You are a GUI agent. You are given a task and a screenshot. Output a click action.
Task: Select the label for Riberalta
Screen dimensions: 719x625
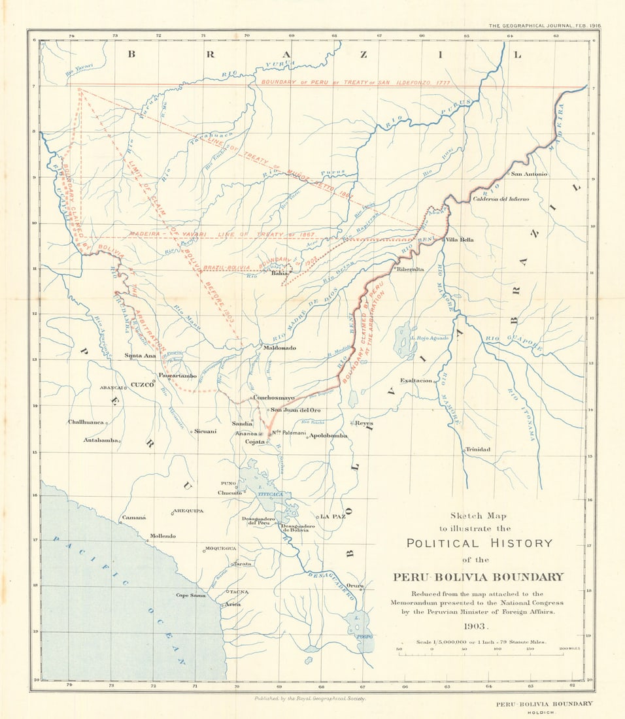(409, 269)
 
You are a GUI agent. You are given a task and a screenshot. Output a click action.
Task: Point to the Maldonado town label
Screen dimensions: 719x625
(280, 348)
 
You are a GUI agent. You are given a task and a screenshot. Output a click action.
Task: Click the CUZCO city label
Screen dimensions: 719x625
(141, 385)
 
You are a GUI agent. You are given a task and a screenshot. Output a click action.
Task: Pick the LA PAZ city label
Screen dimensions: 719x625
(333, 516)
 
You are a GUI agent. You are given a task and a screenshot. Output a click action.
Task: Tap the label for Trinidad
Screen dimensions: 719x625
(477, 450)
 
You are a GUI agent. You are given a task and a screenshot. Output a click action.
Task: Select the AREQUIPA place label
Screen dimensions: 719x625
(188, 510)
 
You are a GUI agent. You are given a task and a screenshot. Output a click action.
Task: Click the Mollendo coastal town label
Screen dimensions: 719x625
(163, 536)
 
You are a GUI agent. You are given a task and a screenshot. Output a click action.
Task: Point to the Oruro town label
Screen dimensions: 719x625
(355, 586)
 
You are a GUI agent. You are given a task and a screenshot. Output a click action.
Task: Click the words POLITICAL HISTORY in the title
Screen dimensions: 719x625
(479, 543)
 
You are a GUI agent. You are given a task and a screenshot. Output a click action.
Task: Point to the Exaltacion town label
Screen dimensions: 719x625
(416, 380)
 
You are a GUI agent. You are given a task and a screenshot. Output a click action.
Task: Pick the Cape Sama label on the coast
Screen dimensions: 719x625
(190, 595)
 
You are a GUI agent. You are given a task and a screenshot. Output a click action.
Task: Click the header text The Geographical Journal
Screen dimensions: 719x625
(545, 25)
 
